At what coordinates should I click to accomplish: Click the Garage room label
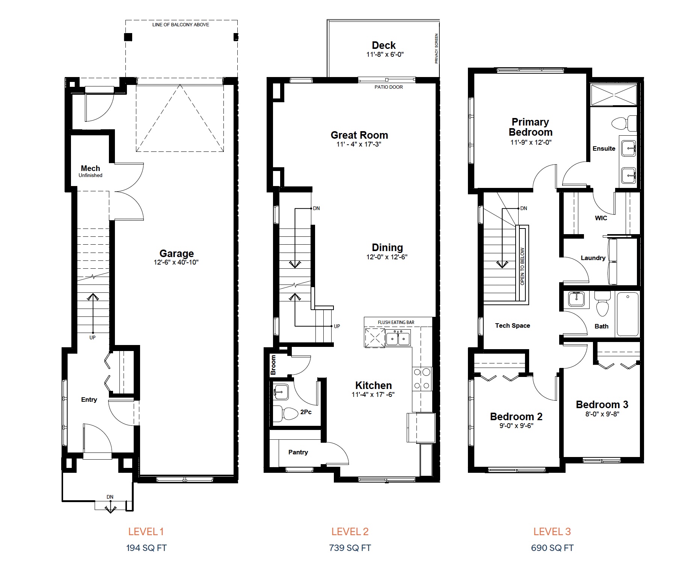click(177, 253)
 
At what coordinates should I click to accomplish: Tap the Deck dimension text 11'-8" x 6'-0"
click(385, 54)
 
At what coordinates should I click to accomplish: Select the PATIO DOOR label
click(389, 87)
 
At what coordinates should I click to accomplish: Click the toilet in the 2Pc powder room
click(286, 413)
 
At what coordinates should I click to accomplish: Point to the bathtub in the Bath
click(628, 314)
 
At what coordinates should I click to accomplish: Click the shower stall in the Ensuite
click(614, 95)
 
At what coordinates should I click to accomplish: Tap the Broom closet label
click(273, 365)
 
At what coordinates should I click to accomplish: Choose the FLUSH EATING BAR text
click(396, 322)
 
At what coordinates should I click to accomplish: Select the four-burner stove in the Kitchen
click(422, 379)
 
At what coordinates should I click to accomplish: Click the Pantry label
click(298, 452)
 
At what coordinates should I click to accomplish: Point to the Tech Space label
click(513, 325)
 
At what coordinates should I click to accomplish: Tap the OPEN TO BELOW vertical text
click(522, 266)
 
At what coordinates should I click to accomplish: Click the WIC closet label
click(601, 218)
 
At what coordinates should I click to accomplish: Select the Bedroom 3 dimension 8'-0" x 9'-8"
click(602, 414)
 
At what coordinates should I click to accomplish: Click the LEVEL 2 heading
click(350, 531)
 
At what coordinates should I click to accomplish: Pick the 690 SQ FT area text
click(552, 548)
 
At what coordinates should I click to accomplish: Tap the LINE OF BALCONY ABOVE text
click(181, 25)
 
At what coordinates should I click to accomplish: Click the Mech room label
click(91, 168)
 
